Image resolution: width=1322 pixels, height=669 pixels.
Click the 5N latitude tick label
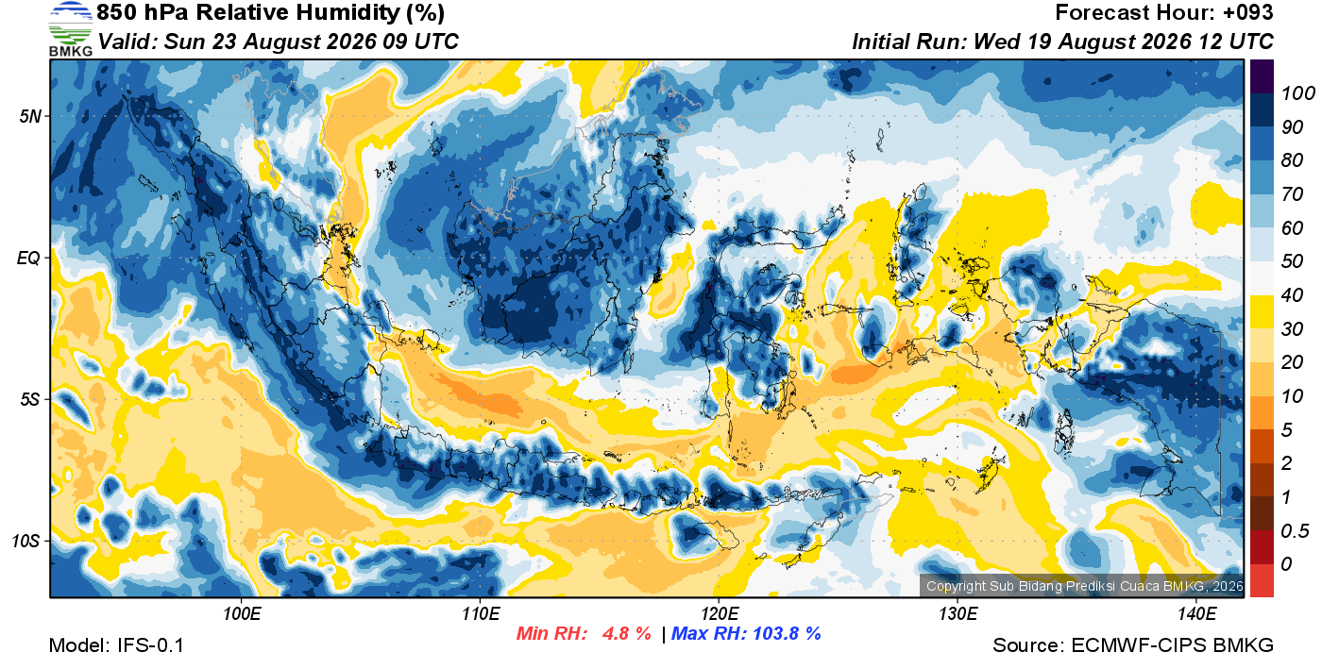[30, 117]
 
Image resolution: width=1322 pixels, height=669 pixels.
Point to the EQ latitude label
[28, 259]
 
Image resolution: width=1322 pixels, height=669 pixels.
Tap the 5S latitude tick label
[30, 400]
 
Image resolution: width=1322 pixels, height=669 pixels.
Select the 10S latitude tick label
[26, 541]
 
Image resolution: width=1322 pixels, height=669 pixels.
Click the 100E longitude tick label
[242, 614]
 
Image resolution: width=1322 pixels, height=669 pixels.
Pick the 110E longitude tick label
[481, 614]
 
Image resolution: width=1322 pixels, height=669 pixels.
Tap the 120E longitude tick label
[720, 614]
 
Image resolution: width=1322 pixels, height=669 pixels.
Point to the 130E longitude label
[958, 614]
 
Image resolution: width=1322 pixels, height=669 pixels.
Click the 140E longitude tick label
[1197, 614]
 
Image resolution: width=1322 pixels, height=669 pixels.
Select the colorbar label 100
[1297, 93]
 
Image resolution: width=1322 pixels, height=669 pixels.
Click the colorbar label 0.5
[1295, 531]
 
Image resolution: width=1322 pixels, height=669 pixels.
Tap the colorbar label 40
[1292, 295]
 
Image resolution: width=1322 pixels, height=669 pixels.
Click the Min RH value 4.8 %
[626, 633]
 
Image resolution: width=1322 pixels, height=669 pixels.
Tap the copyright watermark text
[1084, 586]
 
